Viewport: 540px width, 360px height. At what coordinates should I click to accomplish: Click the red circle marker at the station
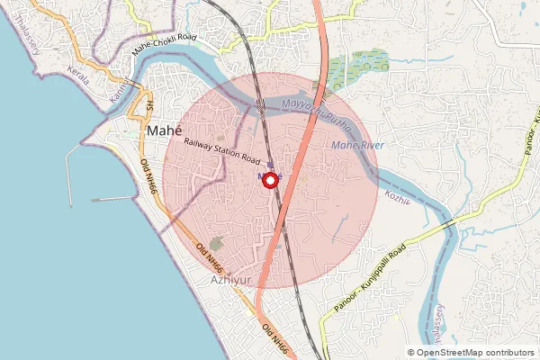point(269,180)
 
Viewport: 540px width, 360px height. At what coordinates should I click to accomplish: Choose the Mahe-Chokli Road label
point(163,46)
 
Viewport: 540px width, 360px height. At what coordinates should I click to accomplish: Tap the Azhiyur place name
point(228,280)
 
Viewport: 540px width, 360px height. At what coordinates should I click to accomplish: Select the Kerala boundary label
point(79,78)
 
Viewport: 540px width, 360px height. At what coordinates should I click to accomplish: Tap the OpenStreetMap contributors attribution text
point(474,353)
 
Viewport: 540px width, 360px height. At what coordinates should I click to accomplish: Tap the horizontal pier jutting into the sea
point(112,199)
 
